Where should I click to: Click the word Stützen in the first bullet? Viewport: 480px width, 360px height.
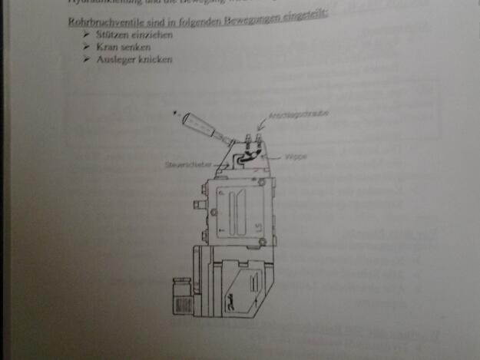103,36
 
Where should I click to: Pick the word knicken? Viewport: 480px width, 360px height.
152,59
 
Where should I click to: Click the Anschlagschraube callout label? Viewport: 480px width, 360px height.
288,117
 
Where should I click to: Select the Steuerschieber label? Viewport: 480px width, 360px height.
183,163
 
